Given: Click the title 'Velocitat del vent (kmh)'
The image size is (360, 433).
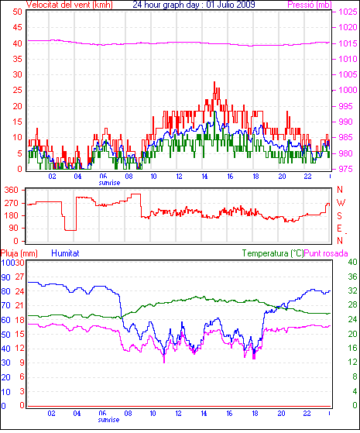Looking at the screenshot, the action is point(70,5).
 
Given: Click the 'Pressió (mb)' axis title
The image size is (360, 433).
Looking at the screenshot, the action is point(310,5).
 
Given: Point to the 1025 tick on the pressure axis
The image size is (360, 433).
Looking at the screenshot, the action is point(348,12).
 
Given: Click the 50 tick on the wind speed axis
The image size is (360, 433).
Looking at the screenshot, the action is point(17,12).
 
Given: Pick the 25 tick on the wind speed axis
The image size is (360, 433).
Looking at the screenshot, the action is point(17,90).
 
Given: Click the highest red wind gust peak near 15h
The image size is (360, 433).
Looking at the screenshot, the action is point(214,82).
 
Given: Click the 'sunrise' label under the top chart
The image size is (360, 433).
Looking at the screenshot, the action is point(109,183).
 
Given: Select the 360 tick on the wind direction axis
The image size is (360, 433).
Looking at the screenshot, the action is point(12,190).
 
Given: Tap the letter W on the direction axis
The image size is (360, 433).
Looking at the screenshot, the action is point(341,203).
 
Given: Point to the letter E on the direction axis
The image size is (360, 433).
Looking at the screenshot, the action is point(340,229).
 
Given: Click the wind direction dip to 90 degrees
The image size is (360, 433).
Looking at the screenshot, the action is point(70,230).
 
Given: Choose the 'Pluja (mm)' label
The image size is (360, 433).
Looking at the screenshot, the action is point(19,253).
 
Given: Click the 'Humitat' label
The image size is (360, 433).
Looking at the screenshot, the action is point(66,253).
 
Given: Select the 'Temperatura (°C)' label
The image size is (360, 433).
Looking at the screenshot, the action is point(273,253).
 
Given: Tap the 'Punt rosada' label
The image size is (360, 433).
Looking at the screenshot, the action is point(326,253).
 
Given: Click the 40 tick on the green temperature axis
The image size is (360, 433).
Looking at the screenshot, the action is point(352,262).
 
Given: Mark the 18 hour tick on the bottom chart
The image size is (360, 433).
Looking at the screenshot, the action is point(255,414).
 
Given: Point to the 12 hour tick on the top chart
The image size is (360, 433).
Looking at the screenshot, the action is point(179,176).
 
